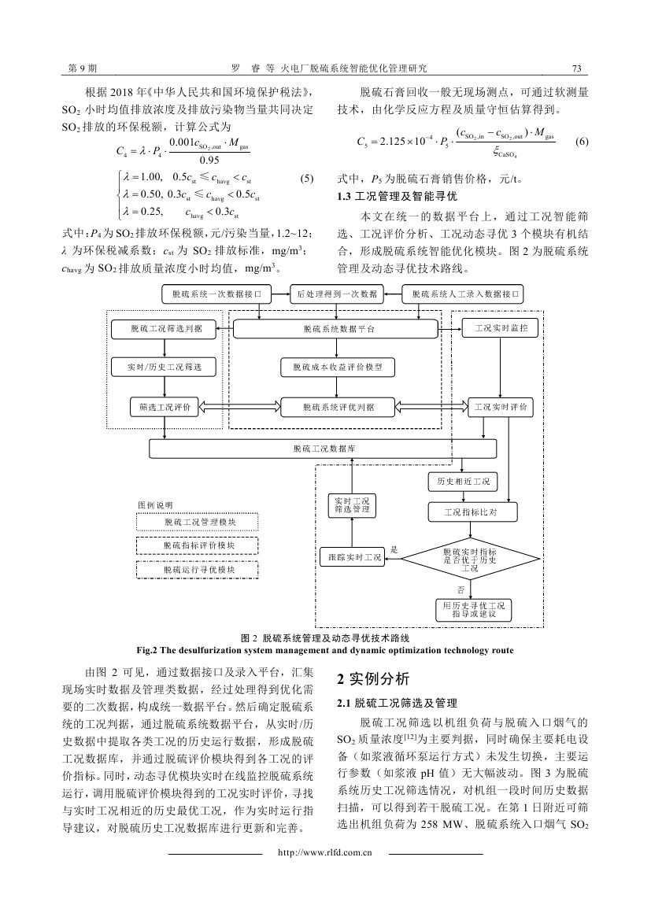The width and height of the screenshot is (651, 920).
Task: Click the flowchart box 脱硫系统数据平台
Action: click(x=335, y=329)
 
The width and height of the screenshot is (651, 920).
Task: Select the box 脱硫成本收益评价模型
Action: click(x=337, y=368)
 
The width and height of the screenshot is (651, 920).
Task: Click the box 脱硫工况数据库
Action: click(x=324, y=449)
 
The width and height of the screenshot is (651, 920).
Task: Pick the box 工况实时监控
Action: click(x=501, y=328)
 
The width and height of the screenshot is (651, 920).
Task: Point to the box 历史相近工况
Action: click(x=463, y=482)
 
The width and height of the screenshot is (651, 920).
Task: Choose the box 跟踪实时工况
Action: click(x=352, y=557)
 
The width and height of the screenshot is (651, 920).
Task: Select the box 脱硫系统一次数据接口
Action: click(x=217, y=294)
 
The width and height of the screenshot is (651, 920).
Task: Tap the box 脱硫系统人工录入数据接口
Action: click(x=462, y=294)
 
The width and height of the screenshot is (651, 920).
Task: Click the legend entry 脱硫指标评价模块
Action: click(x=198, y=545)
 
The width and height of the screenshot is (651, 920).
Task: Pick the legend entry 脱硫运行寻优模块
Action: click(x=198, y=570)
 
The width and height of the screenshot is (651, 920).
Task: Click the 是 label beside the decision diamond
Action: click(x=394, y=550)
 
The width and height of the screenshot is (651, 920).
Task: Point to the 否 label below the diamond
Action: click(x=461, y=589)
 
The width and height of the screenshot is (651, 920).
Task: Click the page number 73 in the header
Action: click(x=576, y=68)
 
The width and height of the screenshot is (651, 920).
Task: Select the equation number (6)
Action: click(x=581, y=142)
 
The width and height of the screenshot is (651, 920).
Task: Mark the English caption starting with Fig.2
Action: click(x=324, y=650)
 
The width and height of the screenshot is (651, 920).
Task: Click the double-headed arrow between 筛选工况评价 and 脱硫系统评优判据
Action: click(x=240, y=407)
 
